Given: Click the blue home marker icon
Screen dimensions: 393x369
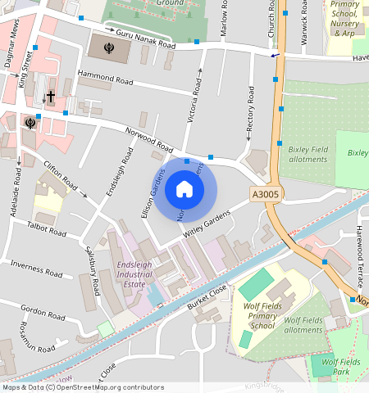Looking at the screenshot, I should click(184, 189).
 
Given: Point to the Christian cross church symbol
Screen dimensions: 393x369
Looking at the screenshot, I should click(50, 97).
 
